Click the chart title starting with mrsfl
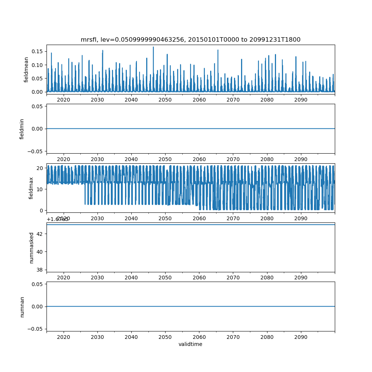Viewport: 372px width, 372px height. pos(190,39)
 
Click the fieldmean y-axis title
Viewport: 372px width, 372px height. pos(26,70)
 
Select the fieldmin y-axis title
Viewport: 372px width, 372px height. pos(22,129)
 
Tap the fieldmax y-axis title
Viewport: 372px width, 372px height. pos(31,188)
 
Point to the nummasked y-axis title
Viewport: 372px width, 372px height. pos(32,248)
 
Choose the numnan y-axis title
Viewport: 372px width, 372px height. pos(22,307)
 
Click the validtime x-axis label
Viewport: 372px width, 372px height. pos(190,344)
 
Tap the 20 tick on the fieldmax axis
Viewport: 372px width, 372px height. pos(41,168)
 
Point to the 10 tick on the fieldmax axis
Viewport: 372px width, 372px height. pos(41,189)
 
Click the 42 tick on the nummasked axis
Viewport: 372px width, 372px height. pos(41,234)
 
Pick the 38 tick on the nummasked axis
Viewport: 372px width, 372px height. pos(41,269)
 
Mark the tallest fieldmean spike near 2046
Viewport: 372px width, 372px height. pos(153,47)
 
